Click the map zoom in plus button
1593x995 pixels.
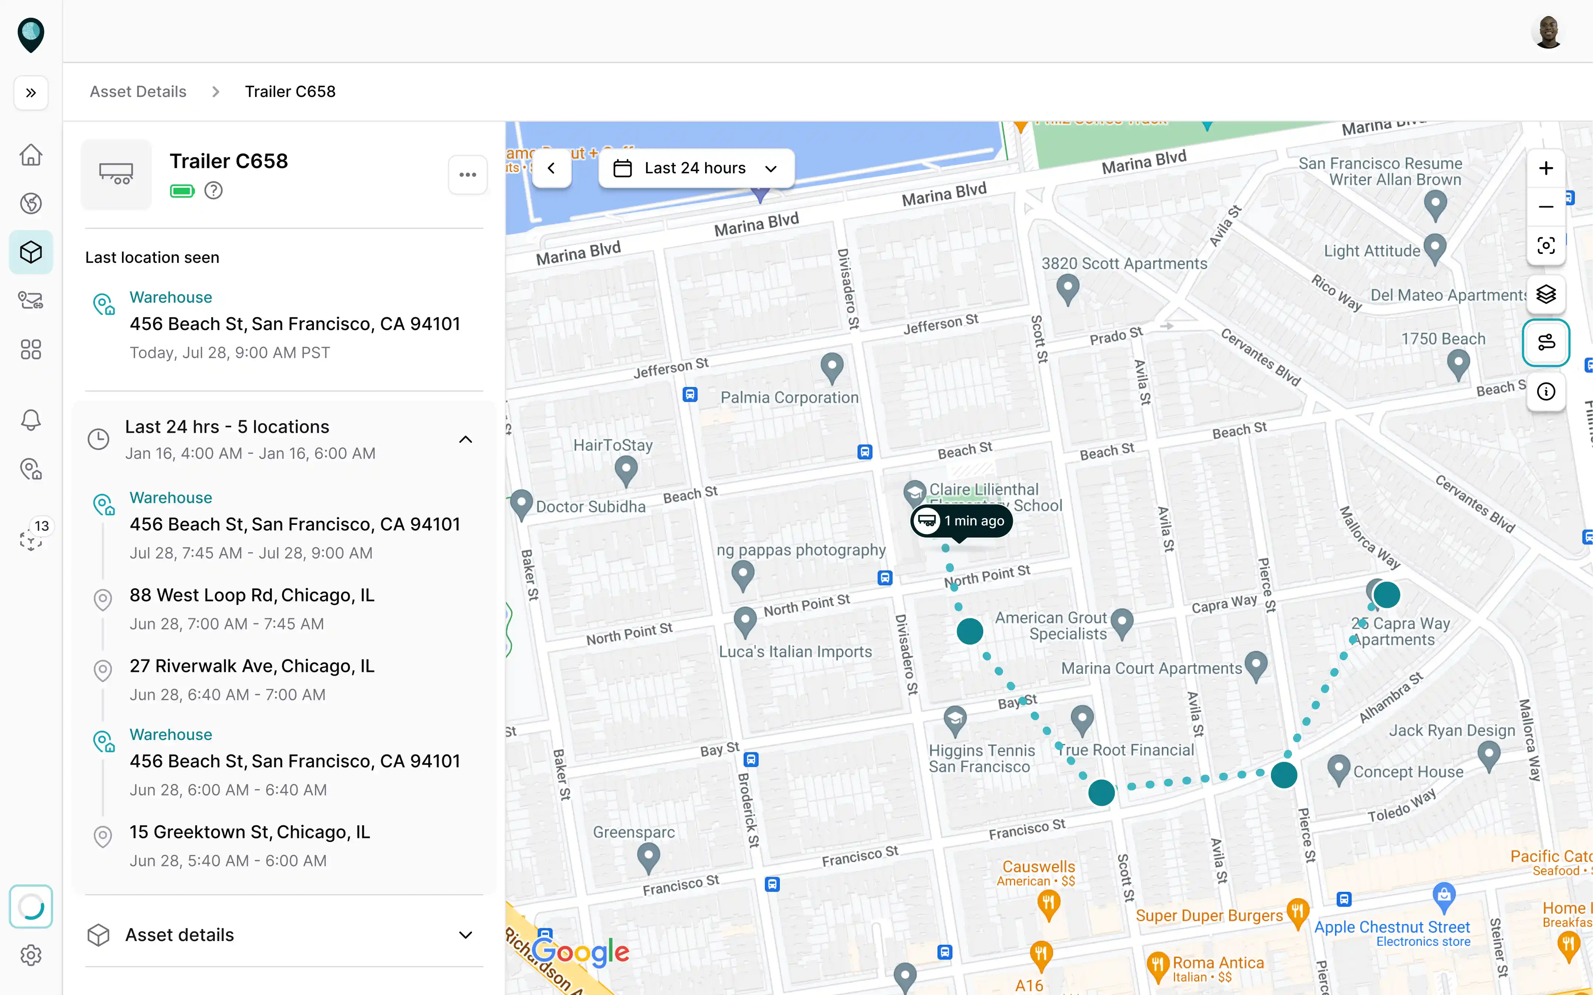[x=1546, y=169]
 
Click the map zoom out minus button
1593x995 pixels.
[x=1546, y=207]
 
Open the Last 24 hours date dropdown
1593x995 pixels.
[x=696, y=169]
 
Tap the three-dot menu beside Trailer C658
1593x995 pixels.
[x=467, y=174]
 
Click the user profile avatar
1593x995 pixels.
[x=1548, y=31]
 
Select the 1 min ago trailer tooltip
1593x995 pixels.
[x=962, y=520]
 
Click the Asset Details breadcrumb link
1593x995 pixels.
[x=138, y=91]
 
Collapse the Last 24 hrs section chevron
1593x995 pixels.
[x=466, y=439]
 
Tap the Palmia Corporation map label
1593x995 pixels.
[x=789, y=397]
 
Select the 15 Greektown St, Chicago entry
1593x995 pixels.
[x=250, y=832]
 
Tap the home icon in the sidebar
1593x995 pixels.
[x=31, y=155]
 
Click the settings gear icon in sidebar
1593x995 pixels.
[x=31, y=955]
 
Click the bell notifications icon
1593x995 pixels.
[x=31, y=420]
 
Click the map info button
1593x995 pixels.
[x=1546, y=391]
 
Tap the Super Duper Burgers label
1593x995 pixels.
[x=1208, y=916]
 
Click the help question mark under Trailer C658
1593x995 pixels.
[x=213, y=191]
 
